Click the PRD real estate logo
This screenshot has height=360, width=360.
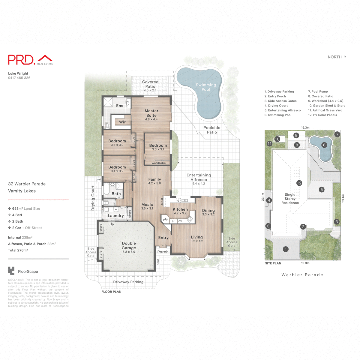[30, 59]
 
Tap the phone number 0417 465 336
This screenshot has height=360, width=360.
[19, 78]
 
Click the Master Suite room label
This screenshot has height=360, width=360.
[151, 113]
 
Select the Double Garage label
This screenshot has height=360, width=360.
[129, 246]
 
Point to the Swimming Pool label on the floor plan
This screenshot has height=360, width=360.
[206, 87]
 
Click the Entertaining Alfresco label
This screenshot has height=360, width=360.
[199, 177]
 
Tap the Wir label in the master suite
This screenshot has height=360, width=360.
[122, 122]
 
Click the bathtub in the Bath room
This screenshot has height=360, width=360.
[106, 190]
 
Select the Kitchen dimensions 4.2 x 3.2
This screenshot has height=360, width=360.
[180, 213]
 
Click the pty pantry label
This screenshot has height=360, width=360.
[165, 219]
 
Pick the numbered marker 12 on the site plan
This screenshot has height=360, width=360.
[299, 183]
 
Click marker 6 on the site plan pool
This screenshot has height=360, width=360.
[324, 145]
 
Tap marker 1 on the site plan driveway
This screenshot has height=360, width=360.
[286, 249]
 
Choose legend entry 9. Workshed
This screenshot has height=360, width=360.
[325, 101]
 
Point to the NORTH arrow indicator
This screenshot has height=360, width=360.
[337, 57]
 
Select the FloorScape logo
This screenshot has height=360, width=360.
[23, 271]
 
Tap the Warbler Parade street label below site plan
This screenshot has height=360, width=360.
[302, 275]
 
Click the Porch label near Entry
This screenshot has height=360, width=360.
[163, 252]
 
